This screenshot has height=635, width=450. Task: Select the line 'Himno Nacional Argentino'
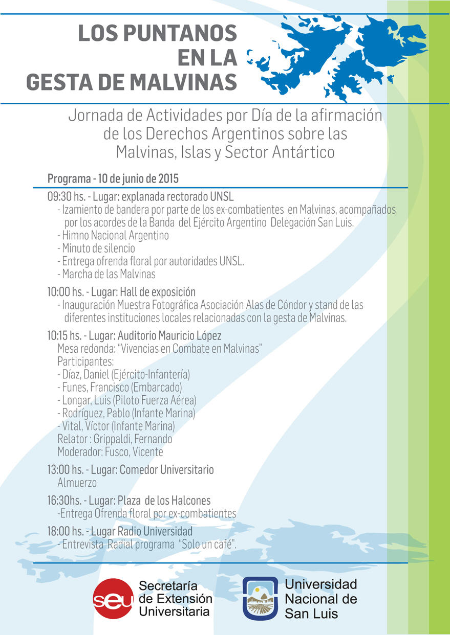tap(115, 236)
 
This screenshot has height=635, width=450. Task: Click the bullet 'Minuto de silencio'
tap(98, 248)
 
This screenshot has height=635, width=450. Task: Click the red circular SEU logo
tap(113, 599)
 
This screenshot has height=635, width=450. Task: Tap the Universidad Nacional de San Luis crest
tap(260, 599)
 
